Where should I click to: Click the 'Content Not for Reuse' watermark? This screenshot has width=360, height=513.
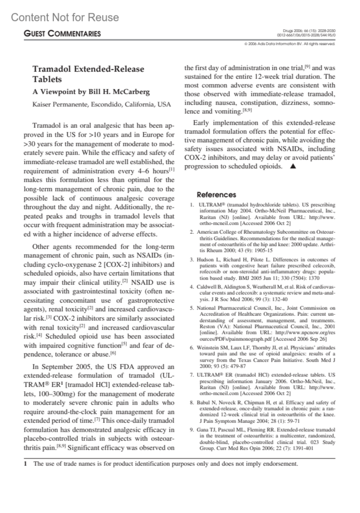[x=65, y=17]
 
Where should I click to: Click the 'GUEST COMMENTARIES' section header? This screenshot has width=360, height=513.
[x=62, y=34]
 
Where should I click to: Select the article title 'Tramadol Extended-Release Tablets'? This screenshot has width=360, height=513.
[x=88, y=74]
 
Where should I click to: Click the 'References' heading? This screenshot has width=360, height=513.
[x=216, y=195]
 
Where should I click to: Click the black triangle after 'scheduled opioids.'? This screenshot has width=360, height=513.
[x=293, y=166]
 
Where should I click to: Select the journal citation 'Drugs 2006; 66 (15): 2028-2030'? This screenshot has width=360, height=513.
[x=309, y=31]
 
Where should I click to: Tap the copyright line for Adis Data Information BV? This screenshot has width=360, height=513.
[x=290, y=44]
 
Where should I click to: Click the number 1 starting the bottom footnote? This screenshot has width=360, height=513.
[x=25, y=464]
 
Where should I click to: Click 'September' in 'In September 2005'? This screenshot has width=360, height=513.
[x=57, y=367]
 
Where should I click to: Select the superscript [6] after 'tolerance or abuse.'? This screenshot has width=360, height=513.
[x=113, y=353]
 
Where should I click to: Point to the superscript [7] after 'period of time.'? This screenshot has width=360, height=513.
[x=97, y=419]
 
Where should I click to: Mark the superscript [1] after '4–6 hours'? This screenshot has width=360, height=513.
[x=171, y=170]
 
